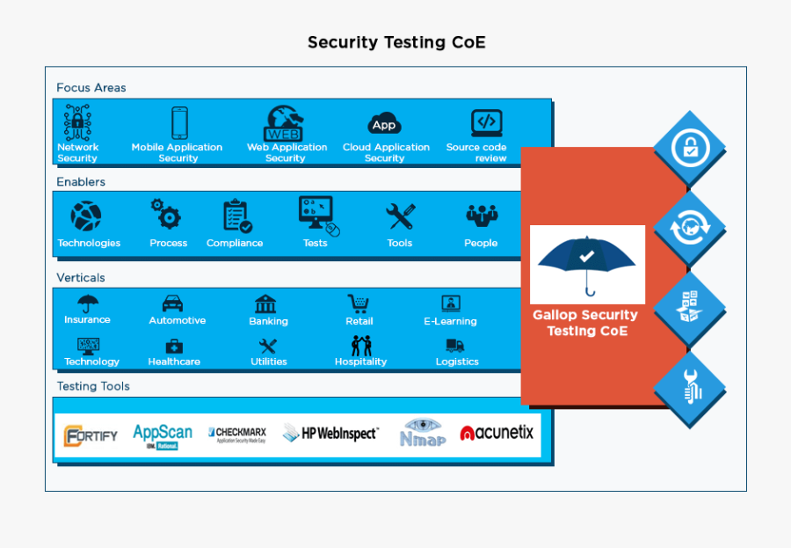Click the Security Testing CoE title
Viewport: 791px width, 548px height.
[x=395, y=42]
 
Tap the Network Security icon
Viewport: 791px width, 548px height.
[x=77, y=122]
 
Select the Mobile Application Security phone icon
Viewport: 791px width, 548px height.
[x=178, y=122]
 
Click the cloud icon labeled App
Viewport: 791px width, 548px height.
[x=384, y=124]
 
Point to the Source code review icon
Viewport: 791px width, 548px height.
[x=486, y=122]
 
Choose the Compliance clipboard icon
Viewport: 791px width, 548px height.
[x=236, y=216]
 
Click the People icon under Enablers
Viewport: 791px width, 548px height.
[x=481, y=216]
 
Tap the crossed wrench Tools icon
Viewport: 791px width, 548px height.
[x=400, y=216]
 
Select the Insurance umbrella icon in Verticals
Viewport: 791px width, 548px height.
[x=88, y=303]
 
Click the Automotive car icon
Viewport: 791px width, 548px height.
[x=173, y=303]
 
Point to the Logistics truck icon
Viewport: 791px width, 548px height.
[x=455, y=346]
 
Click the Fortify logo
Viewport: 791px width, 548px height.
[x=91, y=435]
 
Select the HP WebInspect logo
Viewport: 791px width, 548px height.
[x=330, y=433]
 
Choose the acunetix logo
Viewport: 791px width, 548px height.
[x=497, y=433]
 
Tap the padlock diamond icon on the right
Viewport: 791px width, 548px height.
[x=690, y=147]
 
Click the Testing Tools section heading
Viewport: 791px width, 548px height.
[x=93, y=386]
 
